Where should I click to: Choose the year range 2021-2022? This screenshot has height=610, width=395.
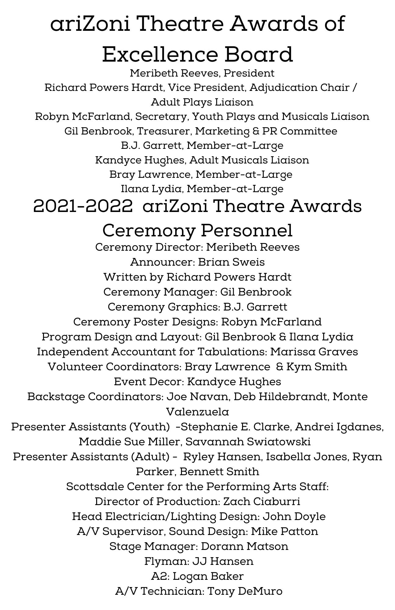click(x=83, y=206)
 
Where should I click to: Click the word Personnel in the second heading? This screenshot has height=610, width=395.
click(x=238, y=230)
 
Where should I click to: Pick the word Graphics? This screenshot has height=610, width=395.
click(x=194, y=307)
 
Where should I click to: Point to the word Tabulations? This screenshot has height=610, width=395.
click(x=232, y=352)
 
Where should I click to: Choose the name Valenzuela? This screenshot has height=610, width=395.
click(x=197, y=412)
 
